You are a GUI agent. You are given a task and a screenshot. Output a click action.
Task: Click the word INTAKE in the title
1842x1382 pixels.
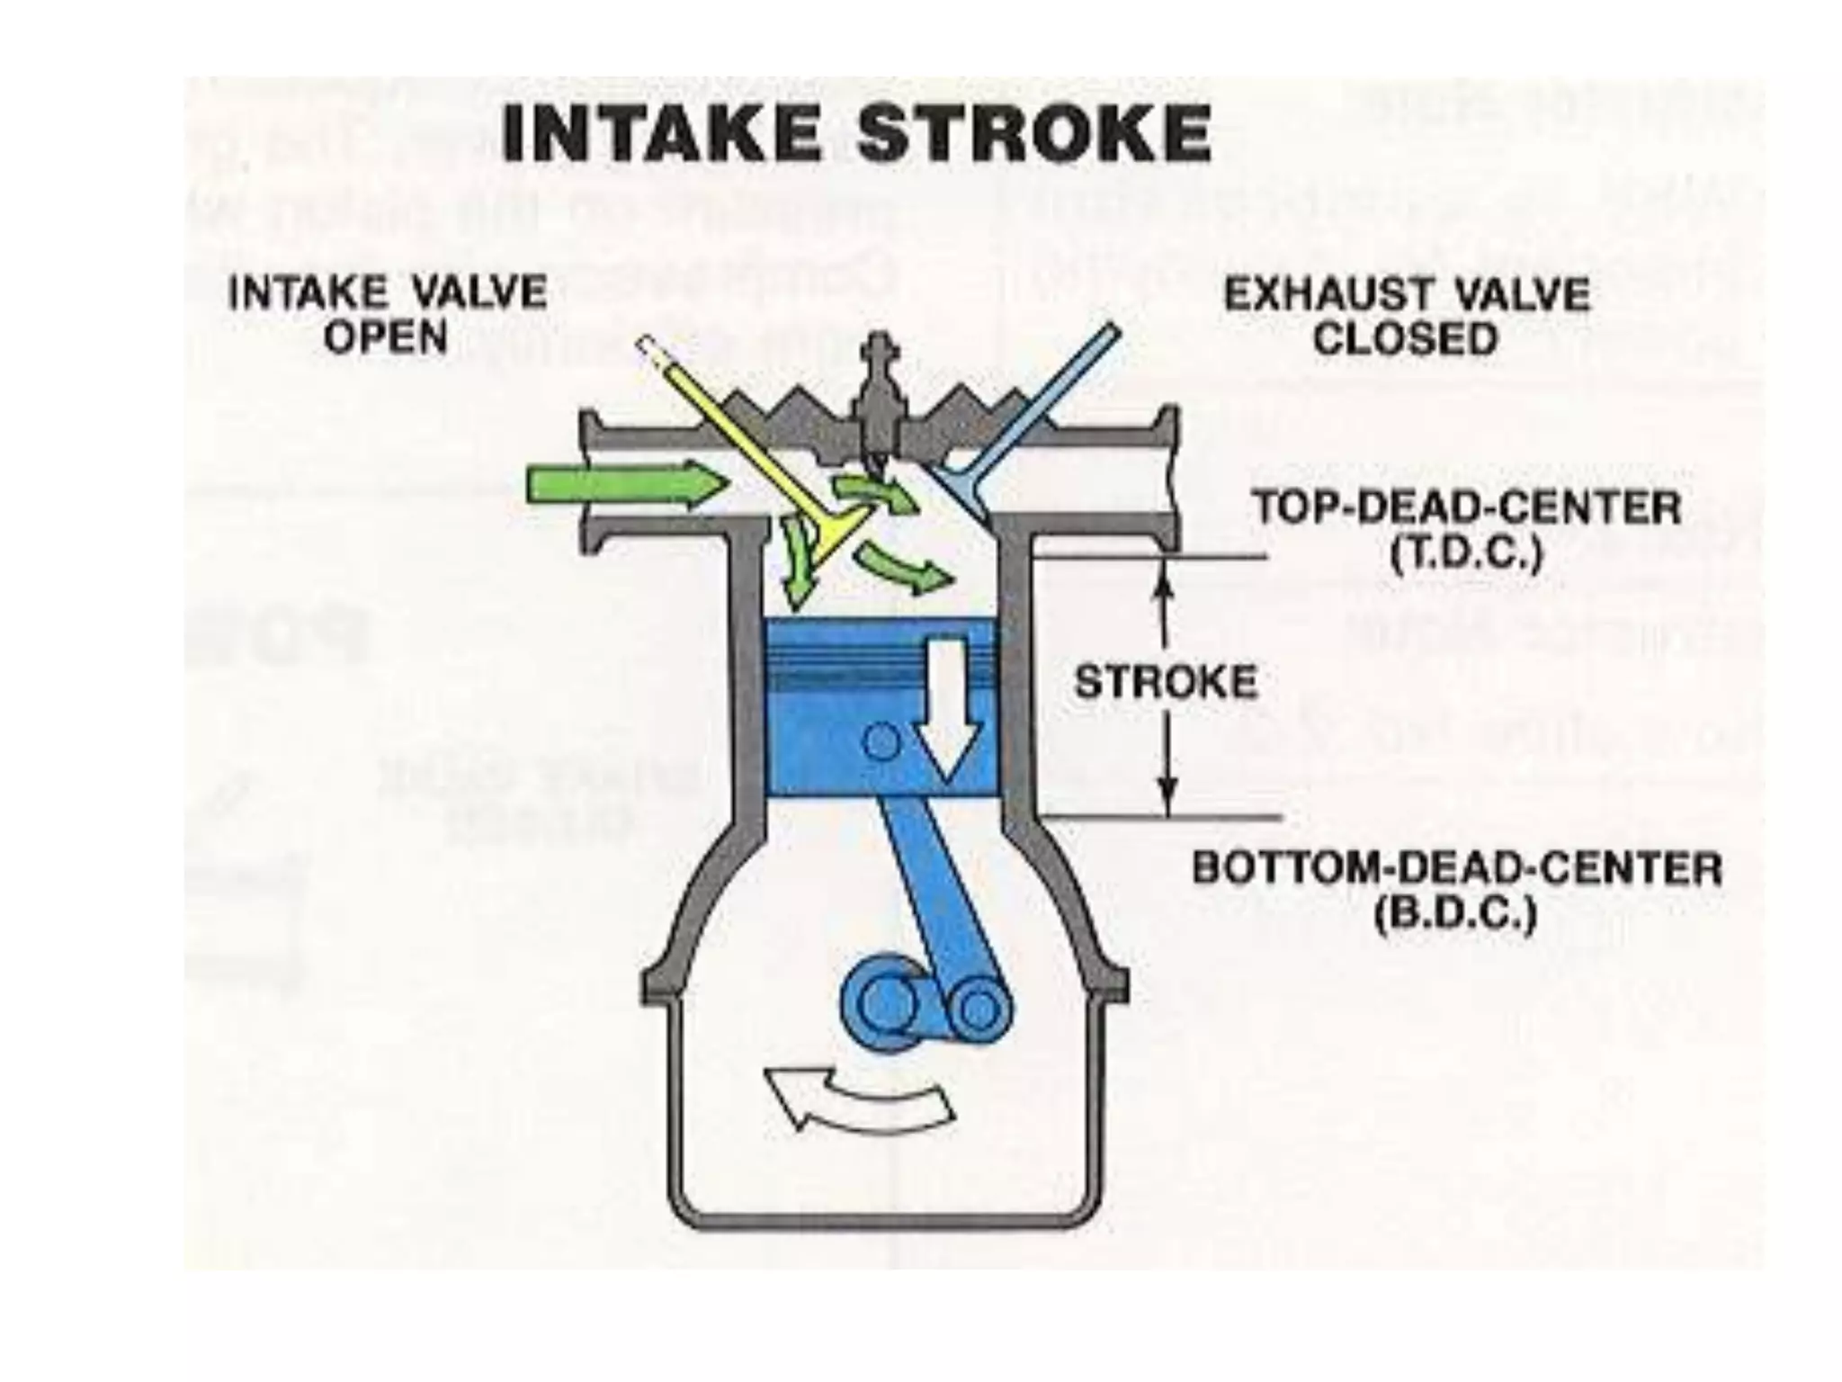tap(661, 132)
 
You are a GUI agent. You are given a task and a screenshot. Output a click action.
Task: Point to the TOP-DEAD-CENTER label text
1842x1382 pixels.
tap(1466, 508)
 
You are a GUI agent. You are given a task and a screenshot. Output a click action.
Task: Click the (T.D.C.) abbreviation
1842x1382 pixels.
tap(1466, 552)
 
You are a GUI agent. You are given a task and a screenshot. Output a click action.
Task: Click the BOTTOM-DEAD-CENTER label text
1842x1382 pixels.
tap(1457, 870)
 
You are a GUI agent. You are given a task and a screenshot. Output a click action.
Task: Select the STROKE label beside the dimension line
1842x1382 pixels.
tap(1166, 681)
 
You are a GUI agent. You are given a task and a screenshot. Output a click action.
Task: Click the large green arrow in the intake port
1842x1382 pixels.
tap(625, 486)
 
